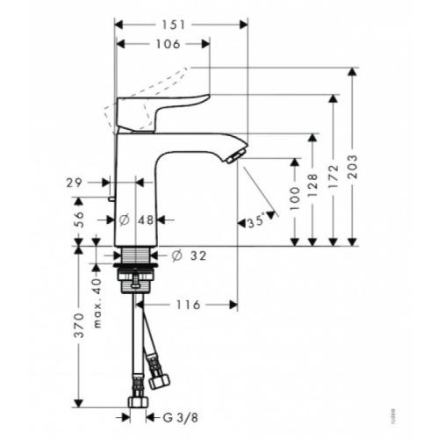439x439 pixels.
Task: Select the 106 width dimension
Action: coord(163,44)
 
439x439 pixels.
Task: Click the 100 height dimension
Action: coord(294,203)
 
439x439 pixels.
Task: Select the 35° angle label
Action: coord(256,223)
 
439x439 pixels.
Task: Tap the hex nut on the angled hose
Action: coord(159,379)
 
